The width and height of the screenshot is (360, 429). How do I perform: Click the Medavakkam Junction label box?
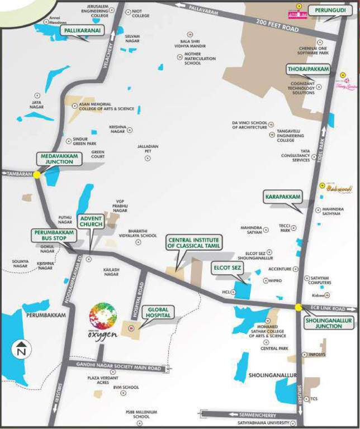pyautogui.click(x=57, y=158)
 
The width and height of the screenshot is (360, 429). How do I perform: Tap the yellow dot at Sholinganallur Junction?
pyautogui.click(x=299, y=307)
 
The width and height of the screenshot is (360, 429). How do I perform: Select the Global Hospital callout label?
pyautogui.click(x=158, y=312)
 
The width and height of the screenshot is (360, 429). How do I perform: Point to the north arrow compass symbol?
pyautogui.click(x=21, y=349)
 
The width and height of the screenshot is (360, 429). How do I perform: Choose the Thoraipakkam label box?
pyautogui.click(x=306, y=69)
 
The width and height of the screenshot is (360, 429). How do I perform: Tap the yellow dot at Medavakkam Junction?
pyautogui.click(x=36, y=175)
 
